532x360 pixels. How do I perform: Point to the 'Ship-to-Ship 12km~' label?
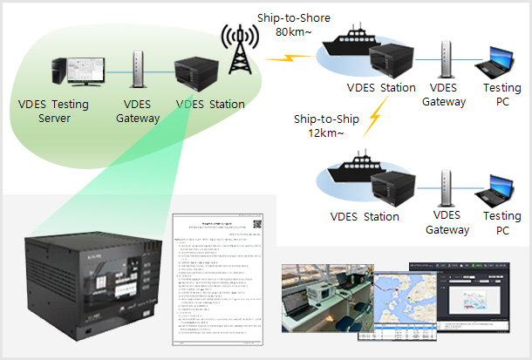pos(324,125)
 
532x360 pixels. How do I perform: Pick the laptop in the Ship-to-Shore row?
pos(494,68)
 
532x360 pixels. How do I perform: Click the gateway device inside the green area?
pos(138,69)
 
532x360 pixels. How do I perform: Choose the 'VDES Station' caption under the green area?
pos(209,105)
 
